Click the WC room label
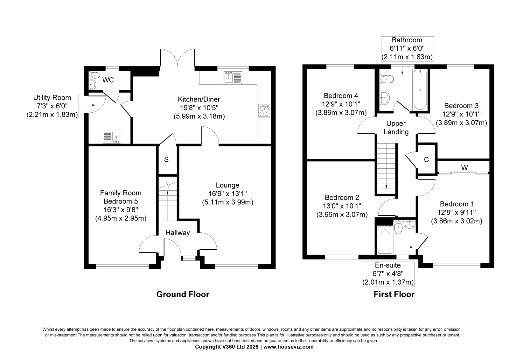pos(108,80)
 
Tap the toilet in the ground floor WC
pos(94,75)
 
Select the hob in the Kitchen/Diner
pos(264,111)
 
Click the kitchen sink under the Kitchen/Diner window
pos(233,78)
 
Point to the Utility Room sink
pos(112,137)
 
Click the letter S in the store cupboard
pos(166,160)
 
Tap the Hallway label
pos(178,233)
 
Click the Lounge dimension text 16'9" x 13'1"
pos(228,194)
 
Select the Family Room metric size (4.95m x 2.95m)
pos(121,218)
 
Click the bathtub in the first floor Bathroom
pos(420,90)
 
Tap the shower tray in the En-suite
pos(385,240)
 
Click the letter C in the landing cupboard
pos(427,160)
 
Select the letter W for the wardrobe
pos(464,168)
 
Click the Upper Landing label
pos(396,128)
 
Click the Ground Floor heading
pos(183,294)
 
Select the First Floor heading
pos(394,294)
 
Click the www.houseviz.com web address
pos(288,347)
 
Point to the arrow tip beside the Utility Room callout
pos(96,105)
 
